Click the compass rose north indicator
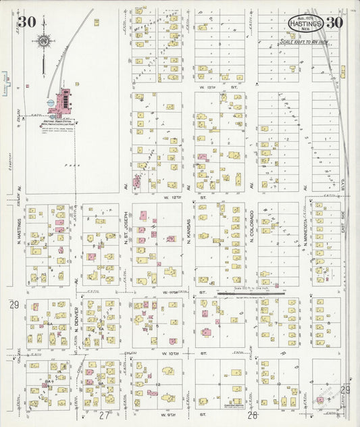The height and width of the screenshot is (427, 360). click(x=43, y=42)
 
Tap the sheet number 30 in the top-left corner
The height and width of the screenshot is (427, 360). click(x=27, y=22)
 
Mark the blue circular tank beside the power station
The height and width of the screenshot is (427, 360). click(x=51, y=103)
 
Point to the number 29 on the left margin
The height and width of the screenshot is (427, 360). click(x=14, y=305)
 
